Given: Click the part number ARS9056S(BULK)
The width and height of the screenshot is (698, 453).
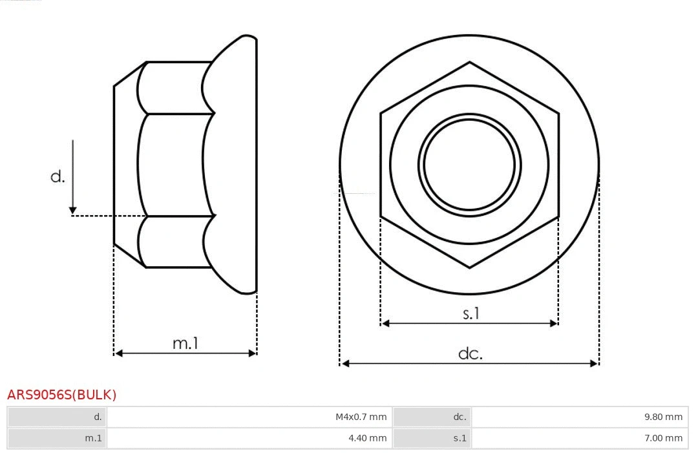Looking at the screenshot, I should [x=61, y=395].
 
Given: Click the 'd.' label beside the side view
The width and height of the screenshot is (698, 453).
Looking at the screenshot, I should [x=58, y=176].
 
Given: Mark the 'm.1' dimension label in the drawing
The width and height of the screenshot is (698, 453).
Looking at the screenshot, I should [x=185, y=343].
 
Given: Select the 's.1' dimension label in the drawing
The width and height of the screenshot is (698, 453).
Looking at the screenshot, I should [x=471, y=313].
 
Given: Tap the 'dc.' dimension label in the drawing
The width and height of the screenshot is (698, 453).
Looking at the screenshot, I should [x=470, y=353].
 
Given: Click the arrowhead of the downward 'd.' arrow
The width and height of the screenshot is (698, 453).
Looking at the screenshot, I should [x=73, y=210].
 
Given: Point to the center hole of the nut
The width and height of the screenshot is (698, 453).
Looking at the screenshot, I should [x=469, y=164].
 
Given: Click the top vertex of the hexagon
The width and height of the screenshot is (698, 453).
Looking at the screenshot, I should [x=469, y=62].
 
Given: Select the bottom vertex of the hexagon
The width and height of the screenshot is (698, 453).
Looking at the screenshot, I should [x=469, y=267].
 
